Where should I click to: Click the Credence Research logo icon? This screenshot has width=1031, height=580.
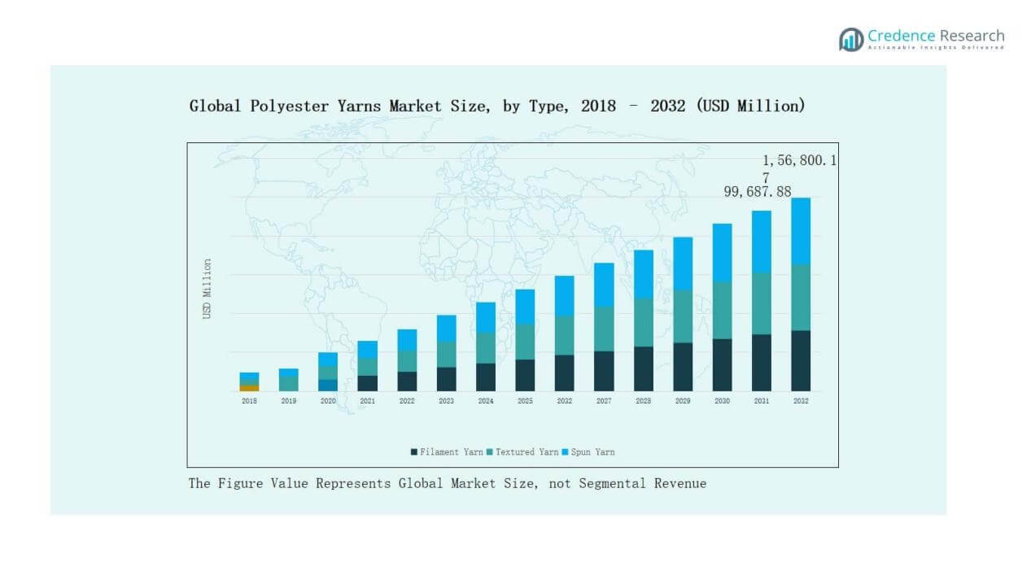pyautogui.click(x=851, y=39)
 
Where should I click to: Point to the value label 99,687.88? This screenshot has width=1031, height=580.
pyautogui.click(x=758, y=191)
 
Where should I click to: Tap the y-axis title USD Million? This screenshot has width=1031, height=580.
pyautogui.click(x=208, y=289)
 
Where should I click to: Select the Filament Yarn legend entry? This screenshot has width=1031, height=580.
pyautogui.click(x=447, y=451)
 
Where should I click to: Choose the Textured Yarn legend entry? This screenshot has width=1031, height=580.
pyautogui.click(x=523, y=451)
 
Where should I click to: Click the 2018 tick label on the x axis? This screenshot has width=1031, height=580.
pyautogui.click(x=249, y=401)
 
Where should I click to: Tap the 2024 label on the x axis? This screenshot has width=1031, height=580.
pyautogui.click(x=486, y=401)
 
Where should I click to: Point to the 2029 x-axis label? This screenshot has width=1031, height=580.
pyautogui.click(x=683, y=401)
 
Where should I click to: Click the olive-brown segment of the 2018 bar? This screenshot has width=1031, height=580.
pyautogui.click(x=249, y=387)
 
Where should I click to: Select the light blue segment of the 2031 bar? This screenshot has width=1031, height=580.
pyautogui.click(x=762, y=241)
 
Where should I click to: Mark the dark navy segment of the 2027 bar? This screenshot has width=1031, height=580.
pyautogui.click(x=604, y=371)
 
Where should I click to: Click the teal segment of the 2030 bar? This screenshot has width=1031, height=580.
pyautogui.click(x=722, y=310)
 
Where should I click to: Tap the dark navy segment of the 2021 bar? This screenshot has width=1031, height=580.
pyautogui.click(x=368, y=383)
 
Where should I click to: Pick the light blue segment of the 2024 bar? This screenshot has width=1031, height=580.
pyautogui.click(x=486, y=317)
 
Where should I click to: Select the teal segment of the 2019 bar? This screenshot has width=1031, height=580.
pyautogui.click(x=289, y=383)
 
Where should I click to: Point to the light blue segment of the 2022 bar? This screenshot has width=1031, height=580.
pyautogui.click(x=407, y=339)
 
